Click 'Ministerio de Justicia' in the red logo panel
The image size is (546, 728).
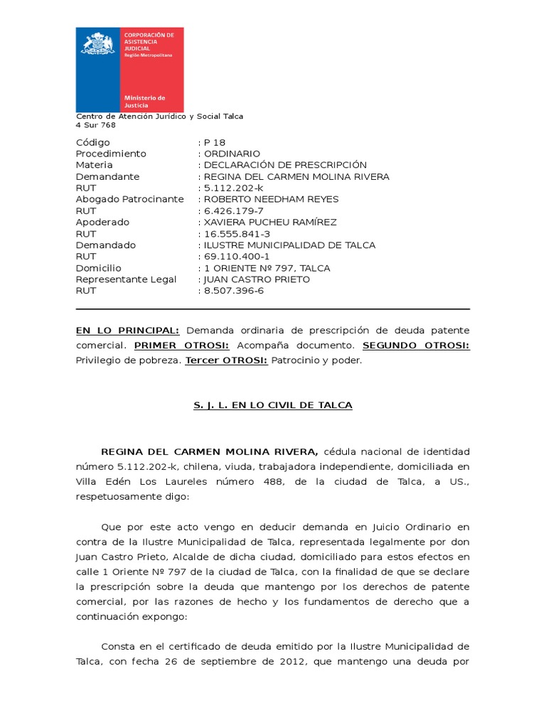[144, 101]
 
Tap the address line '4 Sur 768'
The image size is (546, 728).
[96, 125]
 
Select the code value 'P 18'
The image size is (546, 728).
[214, 142]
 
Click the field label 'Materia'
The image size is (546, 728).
[95, 165]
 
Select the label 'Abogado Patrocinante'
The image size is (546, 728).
[129, 199]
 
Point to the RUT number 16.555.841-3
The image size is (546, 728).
[237, 234]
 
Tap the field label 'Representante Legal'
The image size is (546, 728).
[126, 279]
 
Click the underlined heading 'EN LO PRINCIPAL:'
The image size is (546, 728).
[127, 331]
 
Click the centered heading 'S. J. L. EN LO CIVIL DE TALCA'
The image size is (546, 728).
[273, 405]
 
